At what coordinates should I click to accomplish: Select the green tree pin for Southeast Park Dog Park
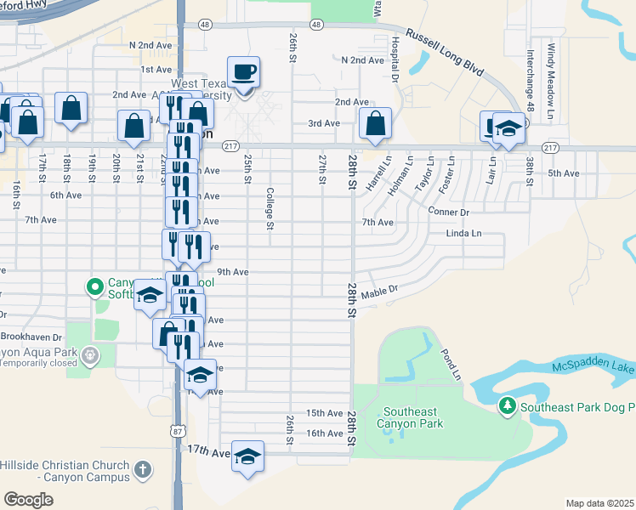508,405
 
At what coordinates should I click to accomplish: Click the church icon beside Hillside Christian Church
143,468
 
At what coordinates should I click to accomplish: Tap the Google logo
28,499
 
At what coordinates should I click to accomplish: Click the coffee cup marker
244,71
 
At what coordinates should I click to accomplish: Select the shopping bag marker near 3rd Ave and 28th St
375,123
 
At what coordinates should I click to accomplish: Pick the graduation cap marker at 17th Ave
247,456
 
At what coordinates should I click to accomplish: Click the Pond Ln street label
450,363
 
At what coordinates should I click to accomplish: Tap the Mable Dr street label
380,293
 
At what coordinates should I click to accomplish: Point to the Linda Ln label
463,233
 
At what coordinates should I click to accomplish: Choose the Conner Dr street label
449,212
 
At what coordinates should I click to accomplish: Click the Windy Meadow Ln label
551,67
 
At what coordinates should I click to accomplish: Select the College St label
269,209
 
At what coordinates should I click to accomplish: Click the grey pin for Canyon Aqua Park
86,353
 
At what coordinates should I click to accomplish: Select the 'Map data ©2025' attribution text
599,503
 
